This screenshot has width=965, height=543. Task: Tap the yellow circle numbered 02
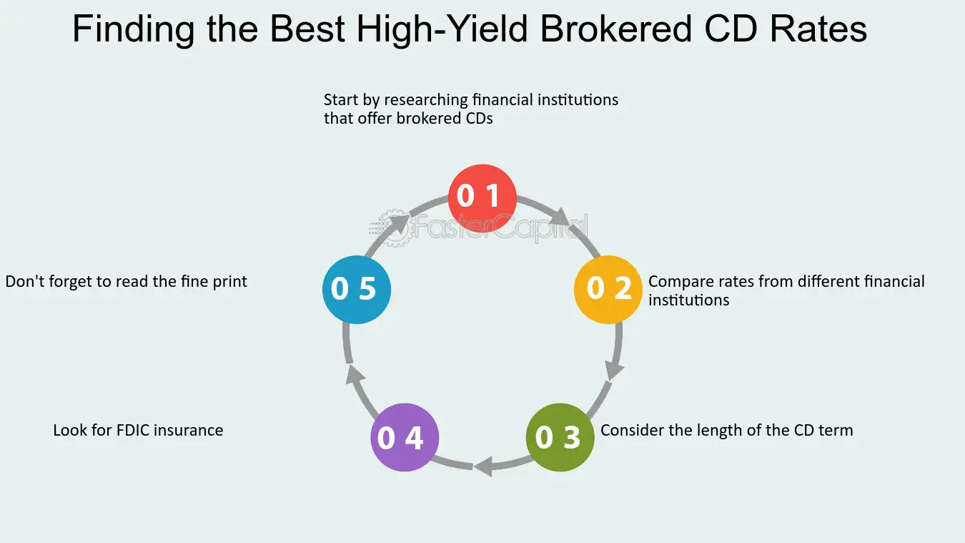click(608, 289)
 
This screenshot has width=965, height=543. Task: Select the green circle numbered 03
click(560, 437)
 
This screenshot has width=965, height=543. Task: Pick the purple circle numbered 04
click(405, 437)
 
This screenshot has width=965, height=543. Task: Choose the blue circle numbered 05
click(357, 289)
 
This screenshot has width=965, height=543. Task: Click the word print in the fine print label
click(229, 281)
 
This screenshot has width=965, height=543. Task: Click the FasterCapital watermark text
click(500, 228)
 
